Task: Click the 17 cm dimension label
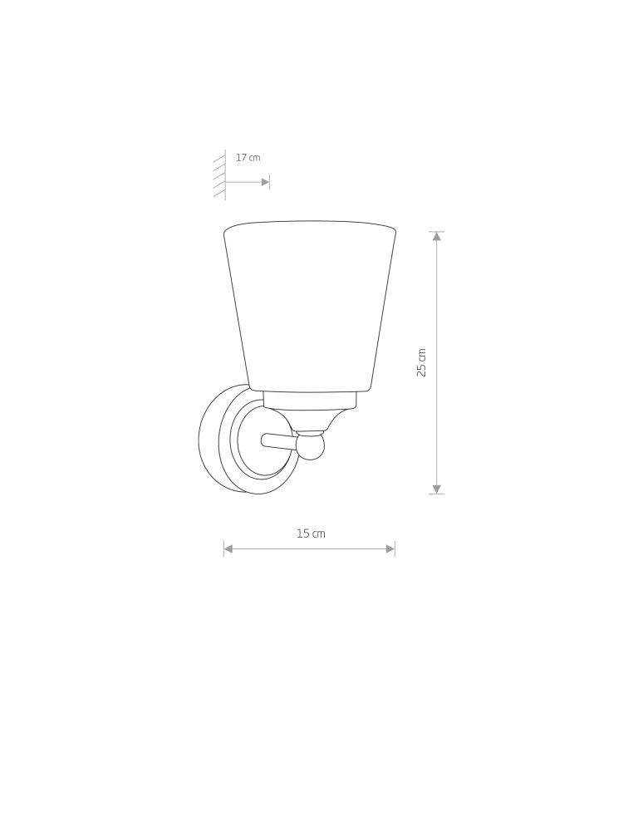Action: [x=248, y=158]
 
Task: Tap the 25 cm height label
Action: [x=422, y=362]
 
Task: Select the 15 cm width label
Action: [x=311, y=534]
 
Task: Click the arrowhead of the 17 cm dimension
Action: [x=265, y=182]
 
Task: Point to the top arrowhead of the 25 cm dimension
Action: [x=437, y=237]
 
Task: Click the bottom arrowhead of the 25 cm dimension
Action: [x=437, y=489]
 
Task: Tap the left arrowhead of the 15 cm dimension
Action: [x=228, y=548]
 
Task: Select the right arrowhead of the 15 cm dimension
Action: [x=390, y=548]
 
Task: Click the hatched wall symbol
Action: [x=219, y=175]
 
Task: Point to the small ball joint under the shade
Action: [x=310, y=446]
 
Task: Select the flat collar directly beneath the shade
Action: [x=310, y=401]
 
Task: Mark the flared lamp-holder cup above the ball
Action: [x=310, y=420]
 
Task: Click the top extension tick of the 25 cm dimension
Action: [x=437, y=232]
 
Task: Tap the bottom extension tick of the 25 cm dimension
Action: [x=437, y=494]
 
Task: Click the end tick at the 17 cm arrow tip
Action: [x=270, y=182]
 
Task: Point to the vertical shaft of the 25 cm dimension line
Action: [x=437, y=415]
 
